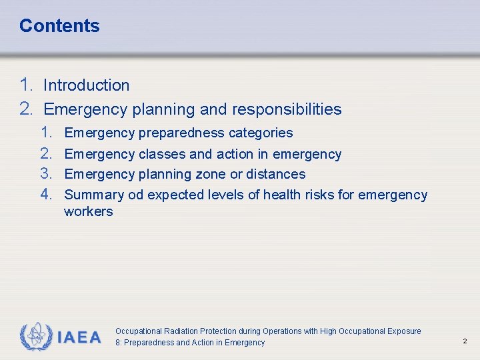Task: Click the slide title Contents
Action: coord(59,26)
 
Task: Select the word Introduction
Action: coord(86,85)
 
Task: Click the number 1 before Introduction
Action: coord(26,85)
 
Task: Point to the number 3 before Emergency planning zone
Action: coord(45,174)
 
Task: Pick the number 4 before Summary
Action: coord(45,195)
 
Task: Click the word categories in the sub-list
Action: coord(261,133)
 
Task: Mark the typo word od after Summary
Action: coord(135,195)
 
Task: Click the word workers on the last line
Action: coord(88,212)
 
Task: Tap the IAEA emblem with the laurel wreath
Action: coord(35,337)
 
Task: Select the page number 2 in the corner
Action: coord(465,341)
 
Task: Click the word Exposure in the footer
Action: coord(403,331)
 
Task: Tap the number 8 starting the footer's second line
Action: coord(118,343)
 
